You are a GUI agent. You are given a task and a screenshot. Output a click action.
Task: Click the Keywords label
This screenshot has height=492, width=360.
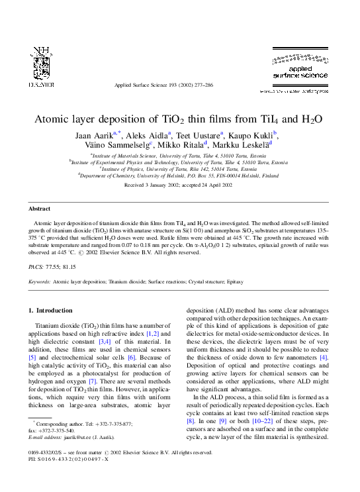click(40, 281)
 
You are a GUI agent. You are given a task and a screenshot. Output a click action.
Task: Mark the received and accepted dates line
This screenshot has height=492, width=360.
click(179, 185)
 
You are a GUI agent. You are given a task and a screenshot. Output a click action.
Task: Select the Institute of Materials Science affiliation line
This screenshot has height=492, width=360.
click(179, 154)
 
